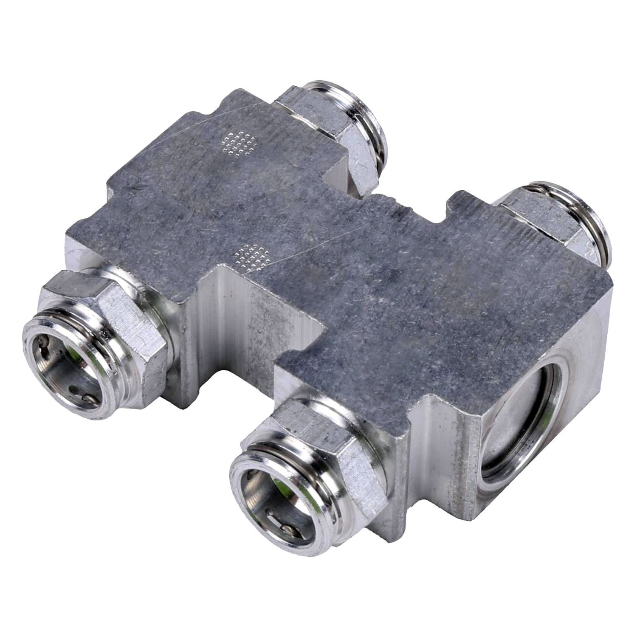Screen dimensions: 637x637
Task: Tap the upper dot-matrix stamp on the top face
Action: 240,143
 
